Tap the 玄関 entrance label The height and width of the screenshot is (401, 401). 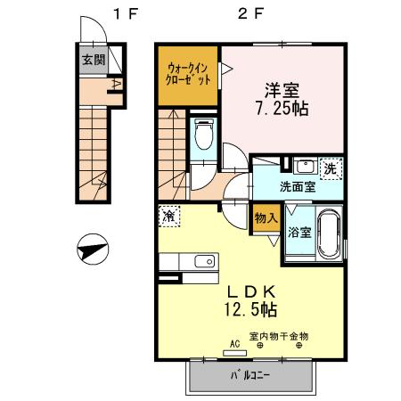[x=94, y=61]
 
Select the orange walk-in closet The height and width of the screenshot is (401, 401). [x=189, y=73]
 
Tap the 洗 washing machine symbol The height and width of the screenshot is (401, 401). [x=329, y=168]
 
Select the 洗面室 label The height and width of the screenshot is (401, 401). [x=297, y=187]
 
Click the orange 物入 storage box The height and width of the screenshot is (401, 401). [x=266, y=218]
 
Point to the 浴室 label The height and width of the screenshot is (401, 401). [x=299, y=233]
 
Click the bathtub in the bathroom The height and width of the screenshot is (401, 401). [x=326, y=233]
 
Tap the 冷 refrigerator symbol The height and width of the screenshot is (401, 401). [x=168, y=214]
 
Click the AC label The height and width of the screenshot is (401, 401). [x=236, y=343]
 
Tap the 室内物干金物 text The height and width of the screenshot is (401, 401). [x=278, y=336]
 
